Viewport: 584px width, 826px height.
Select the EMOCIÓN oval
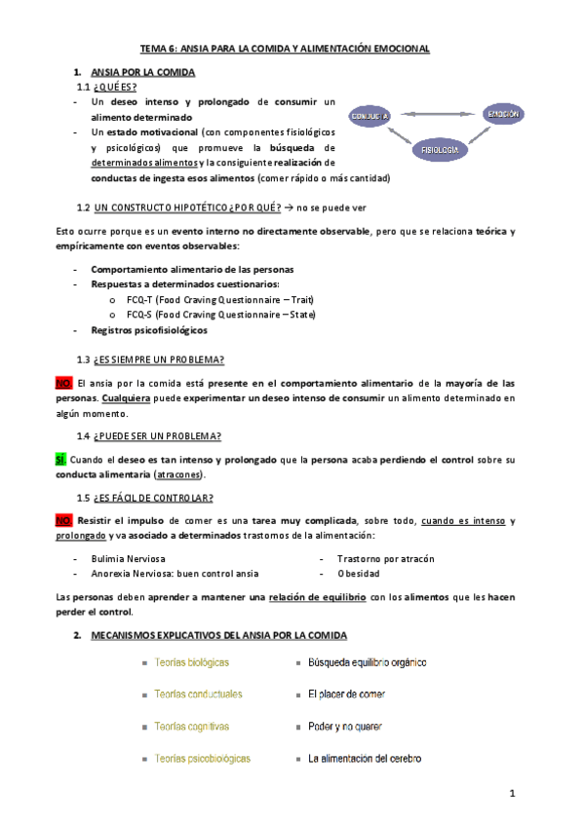coord(504,114)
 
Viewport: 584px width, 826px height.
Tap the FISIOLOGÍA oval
coord(438,150)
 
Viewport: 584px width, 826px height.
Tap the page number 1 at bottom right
coord(512,796)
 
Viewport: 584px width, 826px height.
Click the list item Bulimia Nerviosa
coord(128,558)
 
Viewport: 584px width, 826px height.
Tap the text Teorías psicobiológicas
coord(203,758)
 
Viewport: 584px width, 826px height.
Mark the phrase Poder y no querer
coord(345,727)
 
